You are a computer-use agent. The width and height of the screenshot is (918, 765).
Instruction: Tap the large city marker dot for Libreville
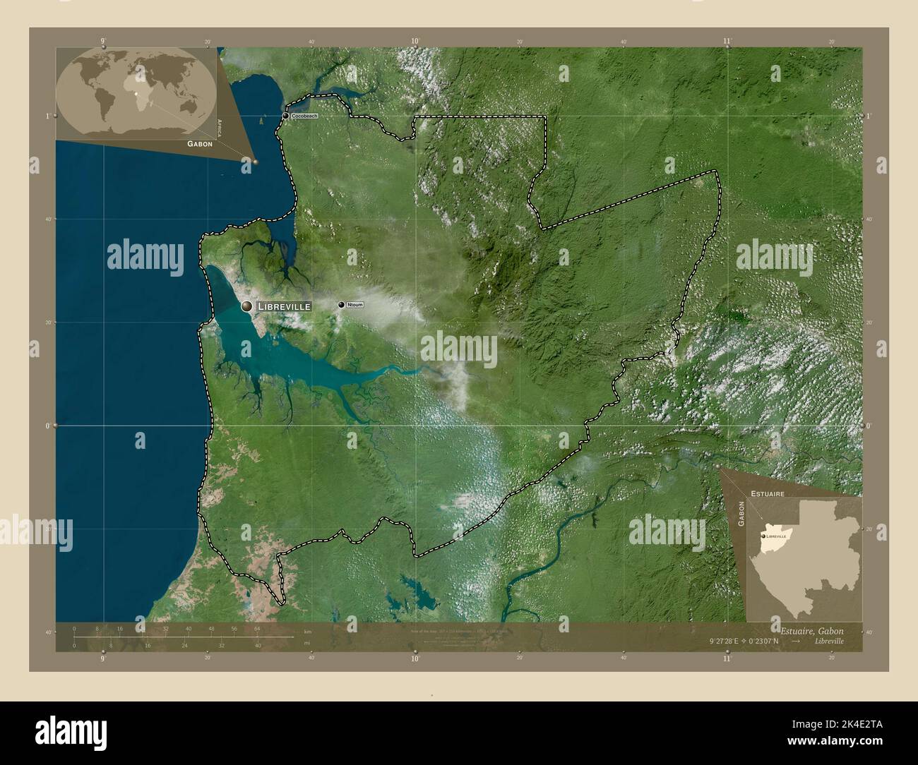tap(247, 306)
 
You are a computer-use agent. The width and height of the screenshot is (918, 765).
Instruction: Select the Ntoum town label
tap(354, 305)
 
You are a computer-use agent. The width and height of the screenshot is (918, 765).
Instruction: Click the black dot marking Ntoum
tap(342, 305)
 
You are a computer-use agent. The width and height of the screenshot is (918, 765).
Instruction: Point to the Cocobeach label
tap(305, 115)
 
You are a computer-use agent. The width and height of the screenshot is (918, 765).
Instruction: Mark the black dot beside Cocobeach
tap(286, 115)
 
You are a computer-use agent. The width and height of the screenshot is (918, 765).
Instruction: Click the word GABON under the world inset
tap(200, 143)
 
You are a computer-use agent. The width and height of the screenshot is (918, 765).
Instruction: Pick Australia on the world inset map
tap(189, 106)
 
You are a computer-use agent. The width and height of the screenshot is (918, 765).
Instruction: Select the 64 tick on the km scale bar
tap(258, 628)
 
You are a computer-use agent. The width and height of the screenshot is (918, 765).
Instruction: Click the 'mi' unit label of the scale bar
tap(306, 643)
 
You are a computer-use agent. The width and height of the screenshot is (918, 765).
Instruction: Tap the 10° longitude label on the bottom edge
tap(415, 659)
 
